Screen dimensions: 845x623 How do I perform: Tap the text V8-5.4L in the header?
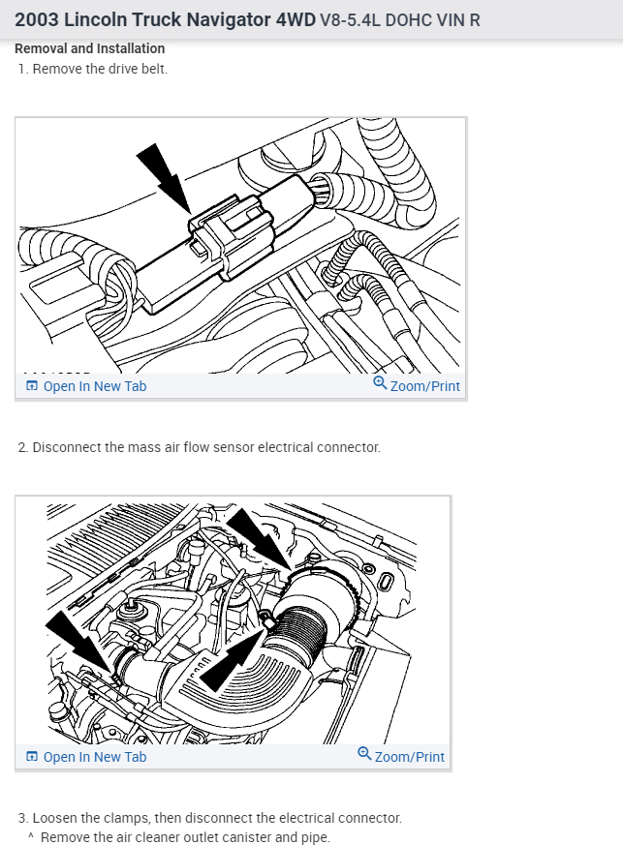(350, 19)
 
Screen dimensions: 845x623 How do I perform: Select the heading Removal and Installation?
(89, 48)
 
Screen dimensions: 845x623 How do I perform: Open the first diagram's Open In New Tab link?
(94, 386)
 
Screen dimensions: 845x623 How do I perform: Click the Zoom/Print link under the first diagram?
(424, 386)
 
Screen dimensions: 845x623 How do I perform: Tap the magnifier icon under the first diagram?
(380, 384)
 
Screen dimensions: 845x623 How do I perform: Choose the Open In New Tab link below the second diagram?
(94, 757)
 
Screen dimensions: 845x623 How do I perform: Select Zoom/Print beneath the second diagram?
(409, 757)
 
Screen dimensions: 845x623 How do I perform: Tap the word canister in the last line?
(227, 837)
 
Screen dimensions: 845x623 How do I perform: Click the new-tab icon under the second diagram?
(32, 757)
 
